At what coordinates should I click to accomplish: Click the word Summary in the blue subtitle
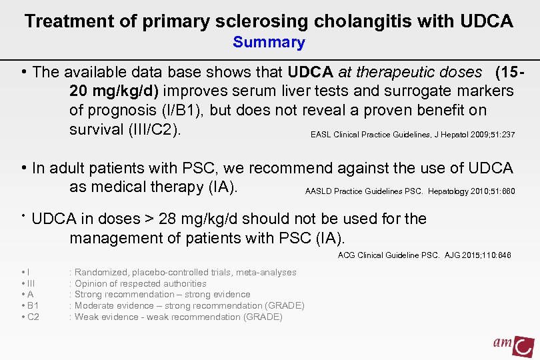point(269,43)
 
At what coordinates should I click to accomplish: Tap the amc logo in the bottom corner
point(513,345)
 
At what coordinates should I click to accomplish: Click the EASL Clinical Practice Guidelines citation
point(412,135)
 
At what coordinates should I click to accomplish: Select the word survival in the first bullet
point(96,129)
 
